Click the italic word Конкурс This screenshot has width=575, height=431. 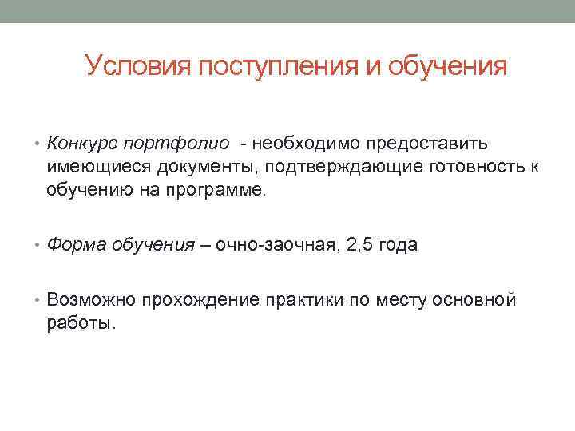point(81,143)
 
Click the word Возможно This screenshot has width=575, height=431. point(91,300)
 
